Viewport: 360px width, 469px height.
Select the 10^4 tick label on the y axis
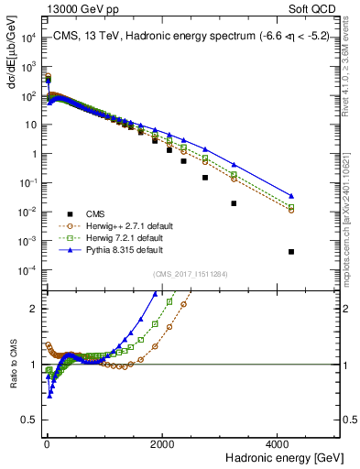[26, 38]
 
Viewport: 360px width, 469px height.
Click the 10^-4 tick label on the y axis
[26, 269]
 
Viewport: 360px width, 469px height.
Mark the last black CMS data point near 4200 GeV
[291, 251]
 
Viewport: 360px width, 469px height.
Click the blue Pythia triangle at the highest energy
[291, 196]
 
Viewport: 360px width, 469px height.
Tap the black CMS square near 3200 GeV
[234, 203]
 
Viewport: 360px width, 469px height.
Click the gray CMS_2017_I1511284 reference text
[190, 275]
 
